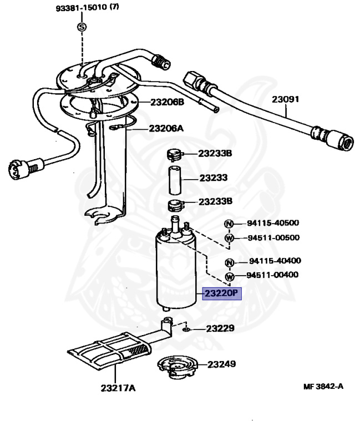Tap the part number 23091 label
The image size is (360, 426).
[285, 100]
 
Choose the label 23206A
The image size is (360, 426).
[166, 128]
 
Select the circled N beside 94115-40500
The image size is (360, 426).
[228, 224]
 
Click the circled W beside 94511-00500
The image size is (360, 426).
[228, 238]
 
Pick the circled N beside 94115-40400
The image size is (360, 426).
[228, 261]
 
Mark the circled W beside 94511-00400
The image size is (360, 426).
[228, 275]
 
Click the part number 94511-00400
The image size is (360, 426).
[272, 275]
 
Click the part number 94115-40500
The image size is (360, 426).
[272, 224]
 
